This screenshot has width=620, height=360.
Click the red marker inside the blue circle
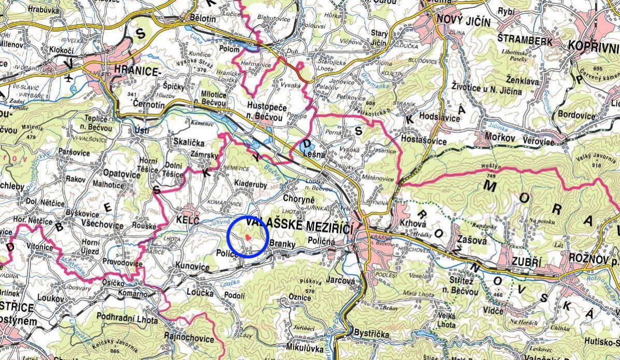[249, 237]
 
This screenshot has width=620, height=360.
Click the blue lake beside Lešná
[304, 149]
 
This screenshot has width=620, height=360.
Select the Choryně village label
[299, 198]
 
